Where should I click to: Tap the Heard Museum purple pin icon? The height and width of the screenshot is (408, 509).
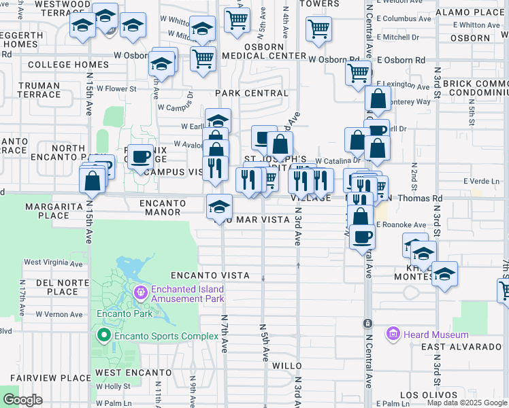click(x=393, y=334)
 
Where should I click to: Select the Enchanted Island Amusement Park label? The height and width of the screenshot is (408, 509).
click(x=188, y=294)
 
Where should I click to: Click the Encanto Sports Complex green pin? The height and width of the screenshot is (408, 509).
click(x=103, y=335)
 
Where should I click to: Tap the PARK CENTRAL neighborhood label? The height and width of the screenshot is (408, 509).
click(x=252, y=93)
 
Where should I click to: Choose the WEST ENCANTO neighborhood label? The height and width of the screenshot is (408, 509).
click(x=133, y=373)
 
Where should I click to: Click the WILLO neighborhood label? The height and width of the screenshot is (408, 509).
click(x=286, y=366)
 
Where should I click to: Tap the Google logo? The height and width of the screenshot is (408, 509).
click(x=22, y=399)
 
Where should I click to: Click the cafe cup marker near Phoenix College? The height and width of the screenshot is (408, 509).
click(x=141, y=156)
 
